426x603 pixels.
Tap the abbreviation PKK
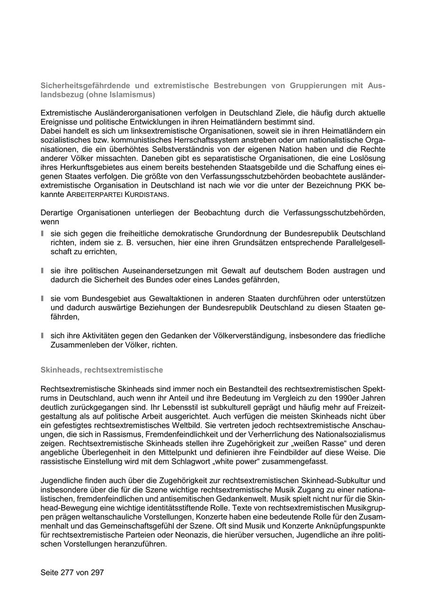click(362, 185)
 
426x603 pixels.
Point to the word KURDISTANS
click(146, 195)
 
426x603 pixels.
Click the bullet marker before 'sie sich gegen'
click(43, 234)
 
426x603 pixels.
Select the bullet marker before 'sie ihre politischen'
click(43, 270)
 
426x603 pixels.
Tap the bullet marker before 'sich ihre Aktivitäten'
click(43, 335)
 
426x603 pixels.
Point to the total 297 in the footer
click(97, 572)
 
